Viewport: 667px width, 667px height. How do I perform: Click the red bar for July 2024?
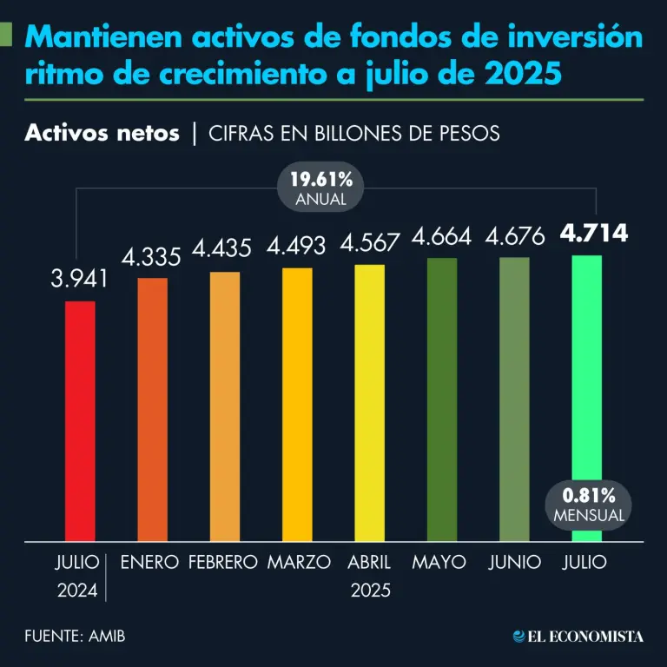click(80, 421)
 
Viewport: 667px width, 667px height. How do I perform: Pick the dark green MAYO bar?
click(442, 400)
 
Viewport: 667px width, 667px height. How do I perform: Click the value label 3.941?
click(79, 279)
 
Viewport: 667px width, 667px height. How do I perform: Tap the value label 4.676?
click(515, 236)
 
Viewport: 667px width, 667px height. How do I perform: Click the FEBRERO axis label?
click(223, 562)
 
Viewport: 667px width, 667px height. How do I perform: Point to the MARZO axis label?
click(299, 562)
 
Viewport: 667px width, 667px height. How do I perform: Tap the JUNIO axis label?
click(515, 562)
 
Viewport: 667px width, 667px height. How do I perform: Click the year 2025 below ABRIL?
click(371, 591)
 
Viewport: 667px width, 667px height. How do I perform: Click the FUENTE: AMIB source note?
click(75, 636)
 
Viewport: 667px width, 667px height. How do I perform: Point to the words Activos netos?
click(102, 133)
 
